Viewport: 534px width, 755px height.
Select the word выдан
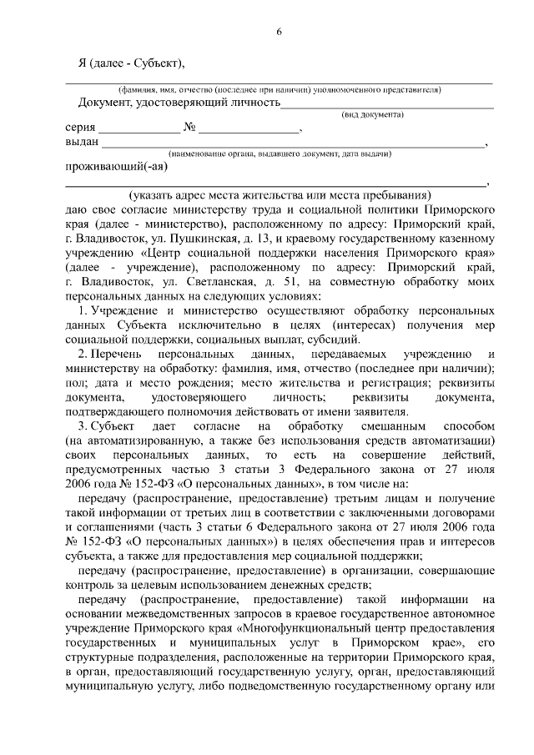(81, 142)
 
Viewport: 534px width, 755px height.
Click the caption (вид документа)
(374, 113)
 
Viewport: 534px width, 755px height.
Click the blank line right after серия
(138, 131)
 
